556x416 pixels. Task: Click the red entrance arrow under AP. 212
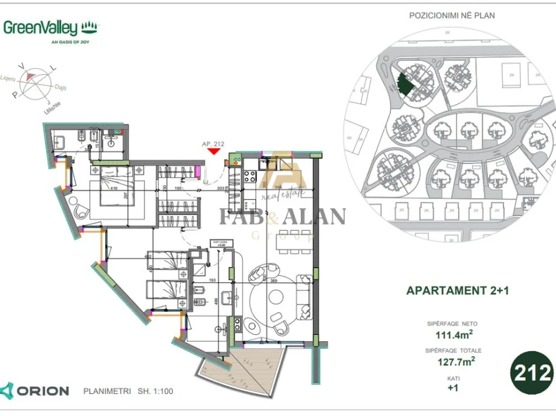214,151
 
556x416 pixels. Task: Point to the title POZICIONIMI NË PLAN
451,15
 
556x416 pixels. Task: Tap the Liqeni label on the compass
8,78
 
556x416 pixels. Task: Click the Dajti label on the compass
60,88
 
